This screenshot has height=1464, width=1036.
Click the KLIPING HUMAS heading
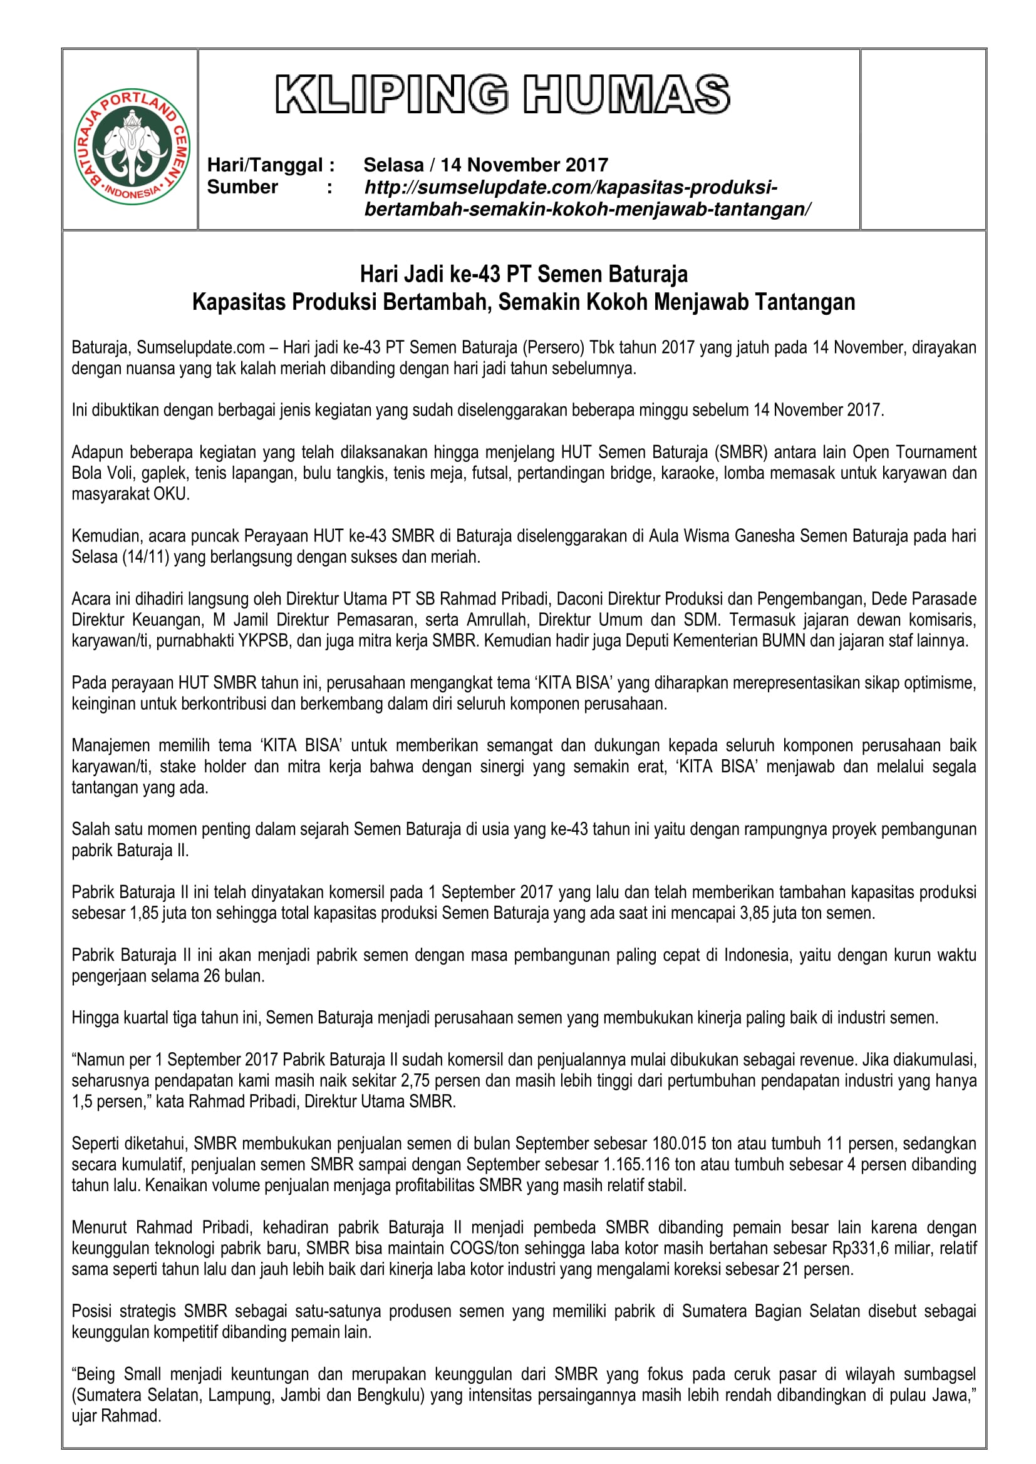tap(503, 95)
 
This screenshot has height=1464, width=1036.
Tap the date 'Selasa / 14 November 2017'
tap(485, 165)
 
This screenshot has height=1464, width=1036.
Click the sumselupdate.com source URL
tap(587, 198)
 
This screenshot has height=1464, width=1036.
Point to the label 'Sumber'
tap(242, 188)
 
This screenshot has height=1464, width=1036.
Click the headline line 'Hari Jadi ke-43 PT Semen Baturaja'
tap(524, 274)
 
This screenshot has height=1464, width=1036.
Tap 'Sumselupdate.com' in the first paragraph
tap(201, 347)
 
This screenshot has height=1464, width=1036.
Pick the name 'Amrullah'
tap(502, 620)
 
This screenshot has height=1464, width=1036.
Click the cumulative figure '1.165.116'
tap(636, 1164)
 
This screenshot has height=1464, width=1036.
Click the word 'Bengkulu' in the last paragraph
tap(391, 1395)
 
